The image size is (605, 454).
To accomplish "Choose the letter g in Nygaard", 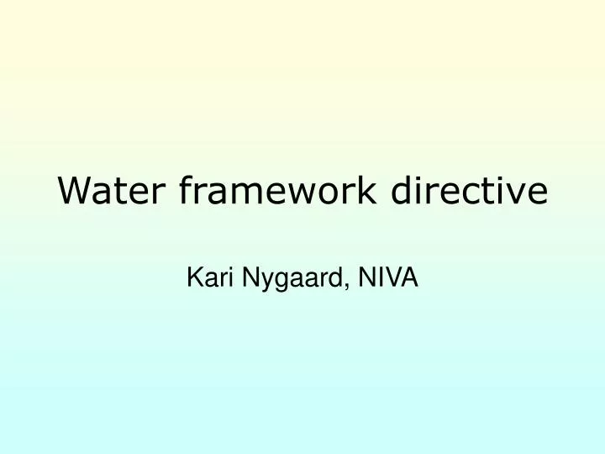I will click(276, 280).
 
